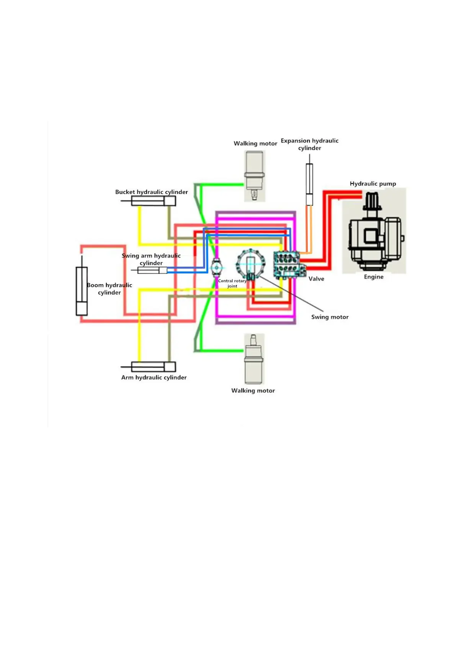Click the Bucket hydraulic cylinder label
[x=152, y=192]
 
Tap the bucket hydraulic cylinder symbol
[x=154, y=201]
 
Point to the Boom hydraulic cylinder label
[x=110, y=289]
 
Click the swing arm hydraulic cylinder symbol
[x=152, y=270]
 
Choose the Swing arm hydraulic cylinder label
[x=151, y=259]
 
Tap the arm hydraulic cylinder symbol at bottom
[x=154, y=367]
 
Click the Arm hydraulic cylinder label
[x=154, y=377]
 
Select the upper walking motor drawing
[x=255, y=175]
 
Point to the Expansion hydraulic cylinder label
[x=310, y=144]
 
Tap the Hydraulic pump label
[x=373, y=183]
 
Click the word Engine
[x=374, y=277]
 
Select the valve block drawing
[x=288, y=264]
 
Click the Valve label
[x=316, y=279]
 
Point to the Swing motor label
[x=330, y=317]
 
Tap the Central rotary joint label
[x=232, y=283]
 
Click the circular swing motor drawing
[x=250, y=264]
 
